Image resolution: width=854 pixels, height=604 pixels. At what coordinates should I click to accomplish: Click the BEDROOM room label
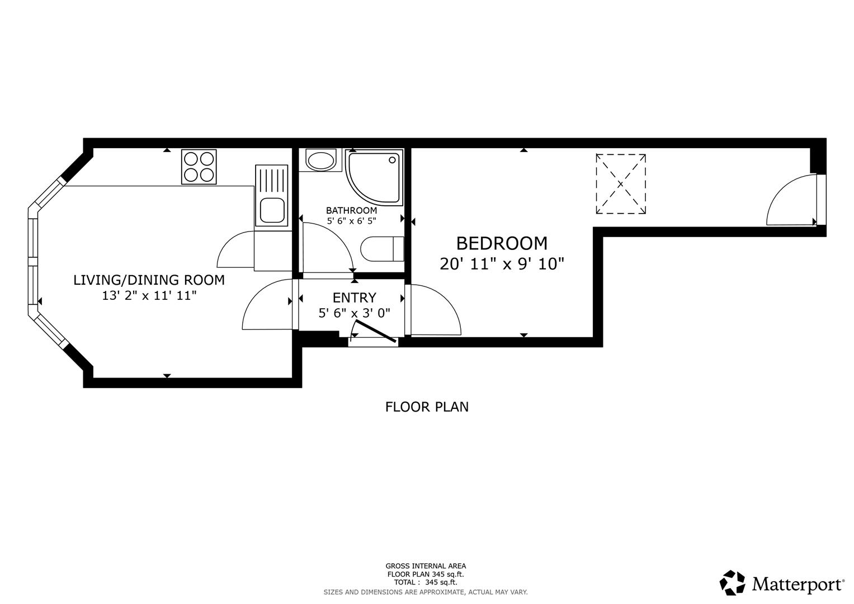501,243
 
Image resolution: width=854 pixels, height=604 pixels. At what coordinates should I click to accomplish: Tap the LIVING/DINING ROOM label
149,280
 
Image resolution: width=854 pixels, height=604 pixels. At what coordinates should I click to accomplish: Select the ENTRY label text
354,298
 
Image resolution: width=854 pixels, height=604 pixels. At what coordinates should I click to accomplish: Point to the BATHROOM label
351,210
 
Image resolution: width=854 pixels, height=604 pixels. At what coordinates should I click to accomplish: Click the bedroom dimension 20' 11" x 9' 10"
501,264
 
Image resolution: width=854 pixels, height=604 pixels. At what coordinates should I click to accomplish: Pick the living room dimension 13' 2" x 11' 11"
149,296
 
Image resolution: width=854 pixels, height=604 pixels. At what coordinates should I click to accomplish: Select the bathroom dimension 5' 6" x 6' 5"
351,221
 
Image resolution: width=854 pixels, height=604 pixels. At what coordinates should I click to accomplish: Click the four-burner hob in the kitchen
199,167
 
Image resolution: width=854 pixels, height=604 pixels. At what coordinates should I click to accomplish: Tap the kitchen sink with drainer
271,195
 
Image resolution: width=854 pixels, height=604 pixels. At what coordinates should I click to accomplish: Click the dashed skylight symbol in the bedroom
620,184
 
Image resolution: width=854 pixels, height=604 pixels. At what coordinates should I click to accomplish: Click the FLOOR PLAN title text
426,407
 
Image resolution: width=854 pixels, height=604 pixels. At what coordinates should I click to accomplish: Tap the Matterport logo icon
732,583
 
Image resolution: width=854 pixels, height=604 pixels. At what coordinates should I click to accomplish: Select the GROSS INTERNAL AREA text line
425,566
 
